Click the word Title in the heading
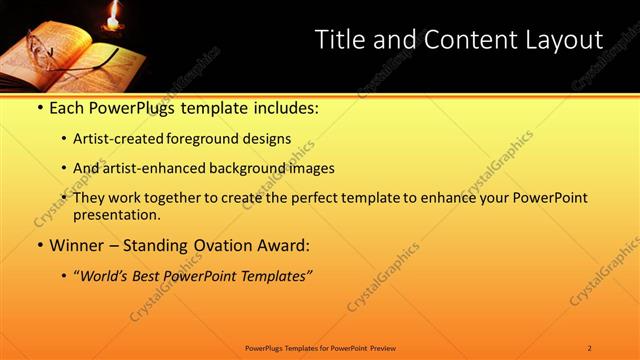tap(339, 40)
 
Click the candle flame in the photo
tap(112, 13)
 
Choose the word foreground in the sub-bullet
tap(205, 139)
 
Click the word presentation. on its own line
tap(116, 214)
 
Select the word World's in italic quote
tap(108, 275)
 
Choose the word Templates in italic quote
tap(273, 275)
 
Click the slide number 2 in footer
tap(590, 347)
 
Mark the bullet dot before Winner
tap(38, 245)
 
